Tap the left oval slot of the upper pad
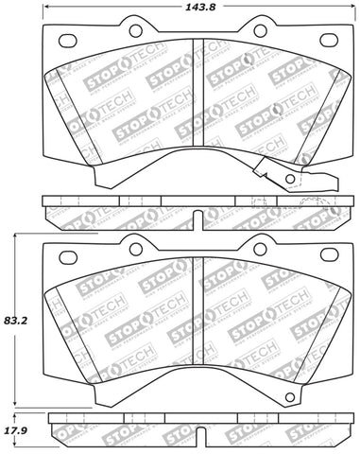click(67, 40)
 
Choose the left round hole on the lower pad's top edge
click(134, 249)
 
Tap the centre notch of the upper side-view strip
click(193, 216)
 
